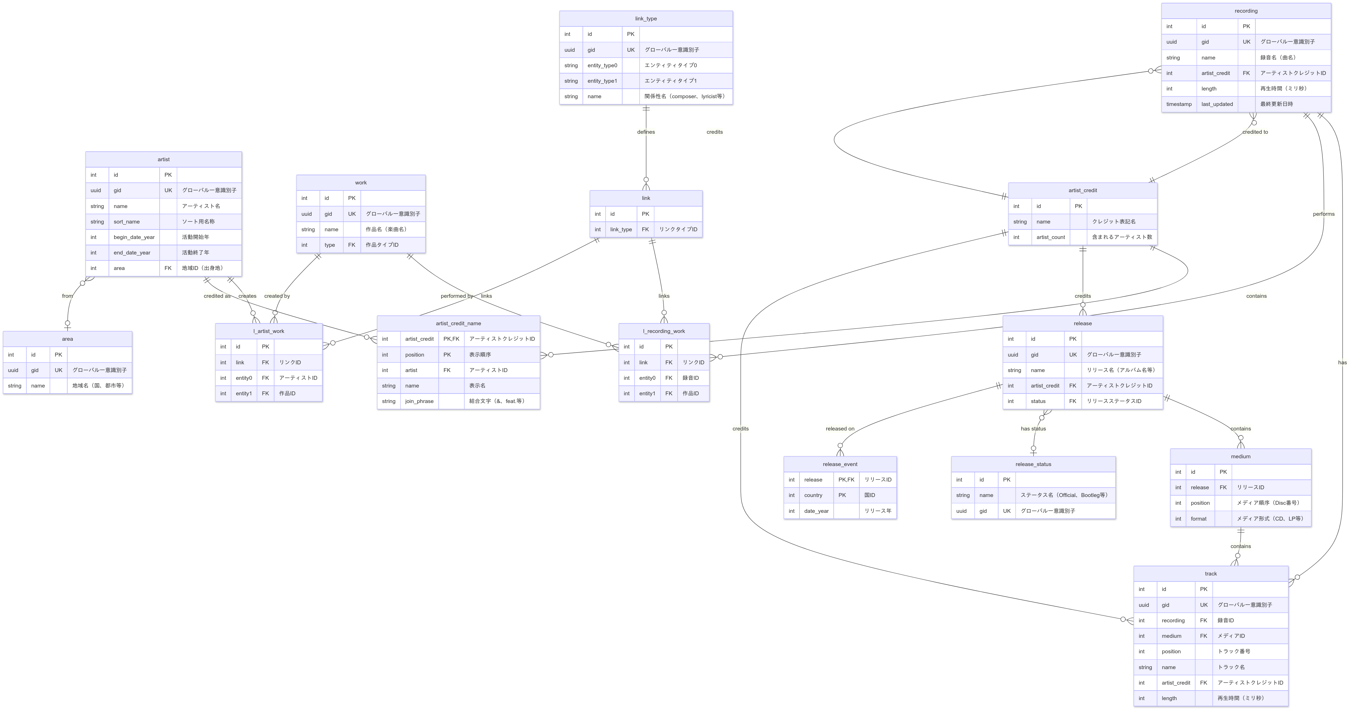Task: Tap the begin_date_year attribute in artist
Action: (134, 237)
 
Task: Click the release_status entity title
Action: (1033, 464)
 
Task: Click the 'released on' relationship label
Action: (840, 429)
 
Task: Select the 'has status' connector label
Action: (1033, 429)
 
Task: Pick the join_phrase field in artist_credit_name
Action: (419, 401)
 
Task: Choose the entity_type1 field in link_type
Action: (602, 81)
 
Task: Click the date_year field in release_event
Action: (816, 511)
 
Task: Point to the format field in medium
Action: (1199, 519)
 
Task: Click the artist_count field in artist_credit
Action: (1050, 237)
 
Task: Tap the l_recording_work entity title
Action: (664, 332)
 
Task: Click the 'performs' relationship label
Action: (1324, 214)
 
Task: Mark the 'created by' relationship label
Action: (277, 296)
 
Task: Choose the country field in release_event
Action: (813, 495)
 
